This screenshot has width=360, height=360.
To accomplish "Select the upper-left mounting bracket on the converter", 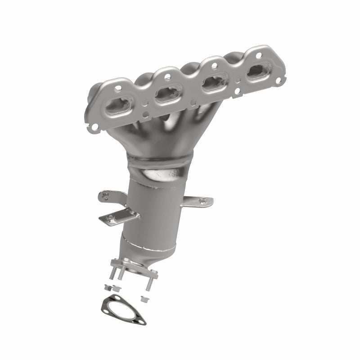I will (x=108, y=197).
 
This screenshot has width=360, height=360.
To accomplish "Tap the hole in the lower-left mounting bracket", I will (x=108, y=219).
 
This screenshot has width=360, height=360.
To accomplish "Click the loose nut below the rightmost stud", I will (x=145, y=298).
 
